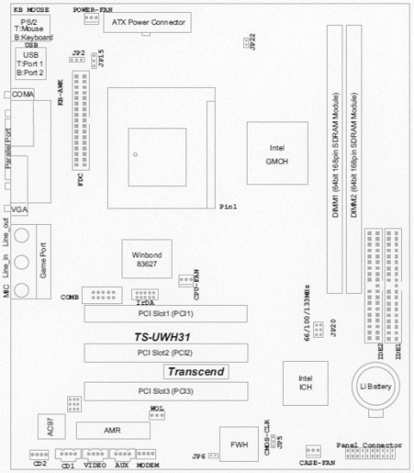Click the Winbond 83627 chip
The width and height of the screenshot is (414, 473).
147,260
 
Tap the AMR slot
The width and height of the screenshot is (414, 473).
113,430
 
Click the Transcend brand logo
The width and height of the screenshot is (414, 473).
197,372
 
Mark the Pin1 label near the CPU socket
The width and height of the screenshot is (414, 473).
229,207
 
